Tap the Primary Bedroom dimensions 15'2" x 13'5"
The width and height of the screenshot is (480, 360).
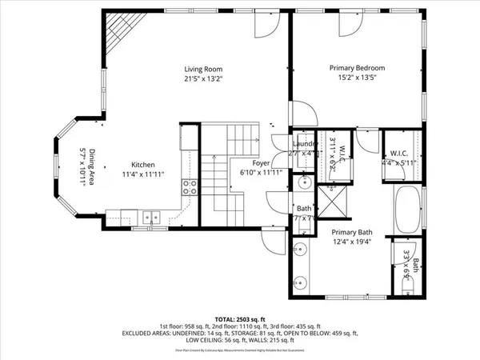tap(358, 78)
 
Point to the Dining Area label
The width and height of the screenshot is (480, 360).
tap(93, 167)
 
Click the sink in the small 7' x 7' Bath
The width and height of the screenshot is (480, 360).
tap(305, 182)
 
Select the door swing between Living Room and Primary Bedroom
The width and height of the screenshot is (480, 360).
tap(299, 113)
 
